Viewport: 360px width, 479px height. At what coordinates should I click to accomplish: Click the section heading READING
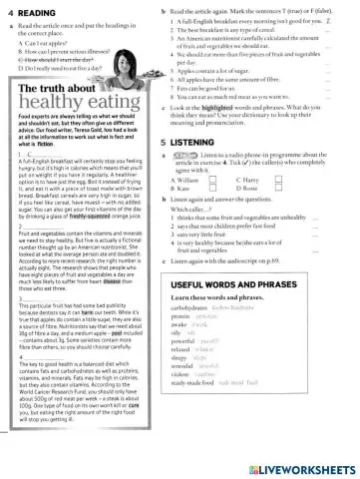[x=34, y=11]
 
